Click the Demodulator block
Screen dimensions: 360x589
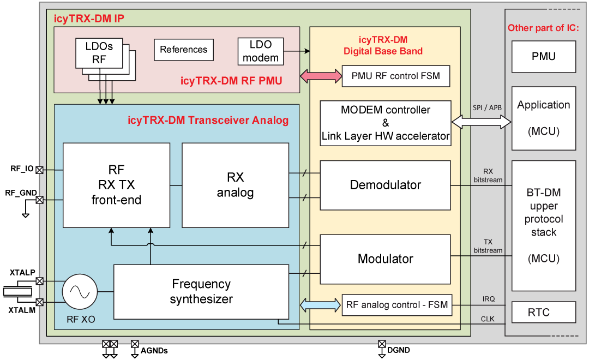385,185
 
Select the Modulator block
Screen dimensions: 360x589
385,259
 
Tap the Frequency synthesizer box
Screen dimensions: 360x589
201,291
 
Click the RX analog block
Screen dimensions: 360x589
235,185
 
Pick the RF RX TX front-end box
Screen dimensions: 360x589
116,185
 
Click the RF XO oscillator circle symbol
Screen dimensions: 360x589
80,292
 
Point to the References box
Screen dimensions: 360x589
184,50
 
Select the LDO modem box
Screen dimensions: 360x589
261,51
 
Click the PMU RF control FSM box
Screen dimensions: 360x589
396,76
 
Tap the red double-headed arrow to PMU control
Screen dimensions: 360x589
320,76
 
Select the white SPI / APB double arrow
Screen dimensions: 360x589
481,123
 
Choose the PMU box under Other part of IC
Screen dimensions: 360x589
543,56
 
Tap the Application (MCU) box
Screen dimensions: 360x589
543,118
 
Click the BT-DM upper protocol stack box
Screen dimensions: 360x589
543,226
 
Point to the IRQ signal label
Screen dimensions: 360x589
489,299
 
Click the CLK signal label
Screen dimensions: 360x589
488,319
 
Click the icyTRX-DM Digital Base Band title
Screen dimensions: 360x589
383,45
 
